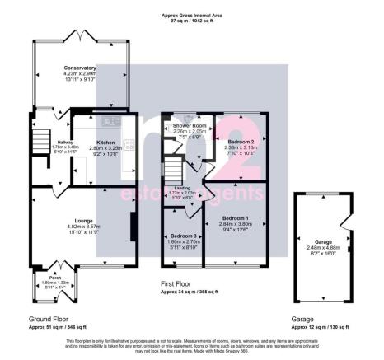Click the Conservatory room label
80,68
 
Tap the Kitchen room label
105,142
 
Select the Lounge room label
82,220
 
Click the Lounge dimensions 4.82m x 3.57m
82,227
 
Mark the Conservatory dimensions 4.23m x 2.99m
80,73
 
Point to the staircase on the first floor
171,171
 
